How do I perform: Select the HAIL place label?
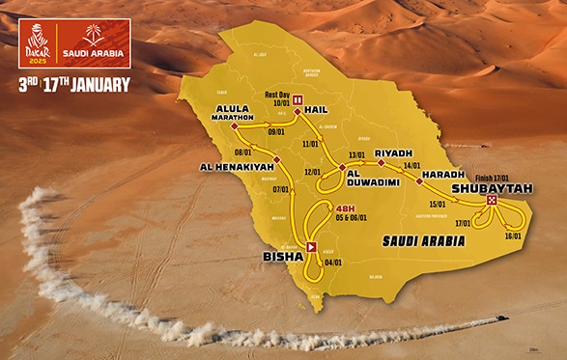click(317, 110)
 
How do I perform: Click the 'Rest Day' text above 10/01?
click(277, 94)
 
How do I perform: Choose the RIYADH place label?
click(392, 153)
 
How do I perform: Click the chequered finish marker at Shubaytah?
click(492, 201)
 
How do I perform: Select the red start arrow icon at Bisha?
click(311, 247)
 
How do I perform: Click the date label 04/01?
click(333, 262)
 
